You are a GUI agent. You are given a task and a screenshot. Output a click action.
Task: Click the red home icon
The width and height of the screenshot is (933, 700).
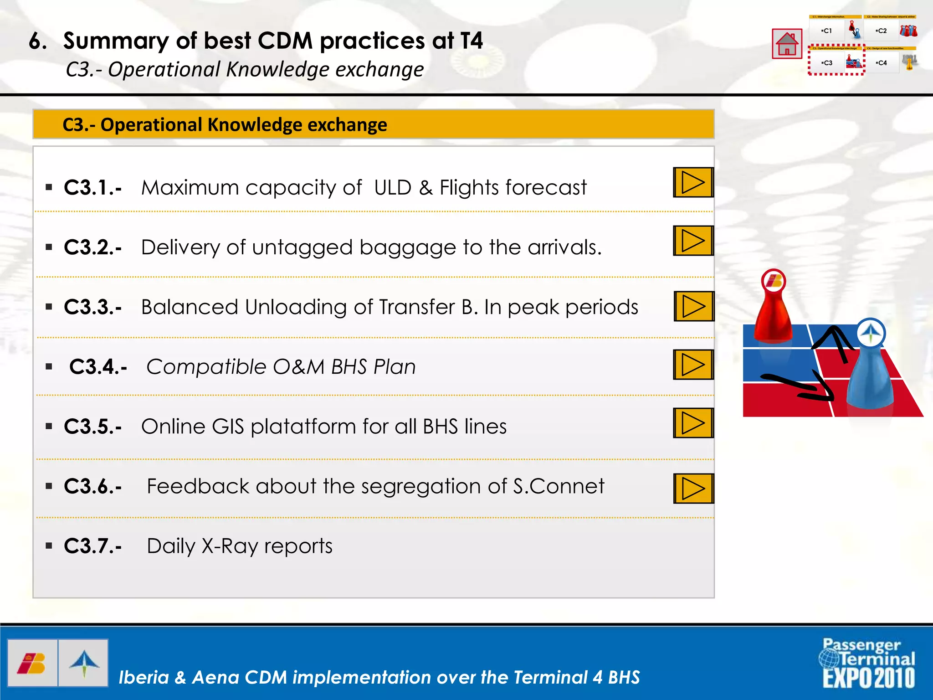[x=787, y=44]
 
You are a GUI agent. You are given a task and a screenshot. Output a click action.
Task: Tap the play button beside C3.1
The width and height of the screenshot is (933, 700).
[x=693, y=182]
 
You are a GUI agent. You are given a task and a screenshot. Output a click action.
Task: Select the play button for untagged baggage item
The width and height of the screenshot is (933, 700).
[x=693, y=241]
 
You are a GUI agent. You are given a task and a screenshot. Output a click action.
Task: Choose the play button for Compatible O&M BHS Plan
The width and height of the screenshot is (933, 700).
[x=693, y=365]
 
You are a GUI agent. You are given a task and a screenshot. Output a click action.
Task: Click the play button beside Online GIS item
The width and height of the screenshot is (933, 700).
[x=693, y=423]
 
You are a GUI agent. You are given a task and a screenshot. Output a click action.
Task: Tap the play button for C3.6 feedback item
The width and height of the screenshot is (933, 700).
[x=693, y=489]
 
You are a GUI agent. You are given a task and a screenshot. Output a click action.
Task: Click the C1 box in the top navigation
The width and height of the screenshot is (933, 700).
[x=827, y=31]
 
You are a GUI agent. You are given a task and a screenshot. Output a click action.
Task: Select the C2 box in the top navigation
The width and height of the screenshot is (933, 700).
[x=882, y=31]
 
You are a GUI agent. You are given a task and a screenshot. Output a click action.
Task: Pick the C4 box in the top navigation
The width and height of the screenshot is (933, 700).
[x=882, y=63]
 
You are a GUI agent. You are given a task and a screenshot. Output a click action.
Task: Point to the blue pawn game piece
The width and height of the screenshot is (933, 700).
[x=870, y=369]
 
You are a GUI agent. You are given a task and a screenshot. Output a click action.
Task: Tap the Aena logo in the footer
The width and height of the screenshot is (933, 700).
[x=84, y=663]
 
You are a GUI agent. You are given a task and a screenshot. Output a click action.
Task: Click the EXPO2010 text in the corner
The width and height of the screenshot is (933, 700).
[x=868, y=678]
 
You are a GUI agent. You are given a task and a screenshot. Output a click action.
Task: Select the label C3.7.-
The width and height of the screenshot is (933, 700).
[x=93, y=546]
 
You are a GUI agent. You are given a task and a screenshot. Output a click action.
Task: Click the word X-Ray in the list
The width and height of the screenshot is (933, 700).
[x=230, y=546]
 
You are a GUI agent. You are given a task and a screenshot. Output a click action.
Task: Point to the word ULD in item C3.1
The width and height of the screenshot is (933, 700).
[x=393, y=188]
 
